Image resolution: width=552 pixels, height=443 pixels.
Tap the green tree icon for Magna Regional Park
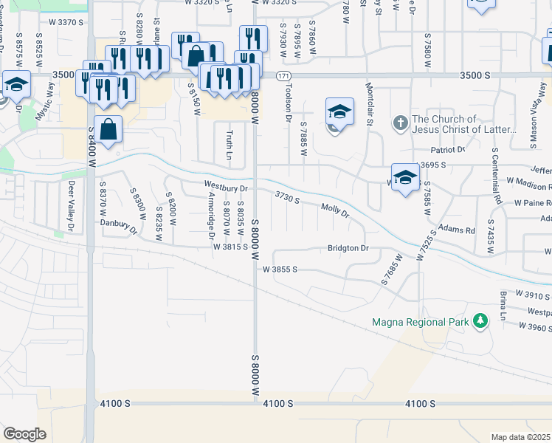(480, 320)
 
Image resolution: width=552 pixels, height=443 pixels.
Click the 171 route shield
(283, 76)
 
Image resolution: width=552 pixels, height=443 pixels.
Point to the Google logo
(24, 433)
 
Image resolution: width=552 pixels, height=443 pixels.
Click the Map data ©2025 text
(520, 437)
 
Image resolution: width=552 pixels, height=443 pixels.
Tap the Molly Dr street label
(334, 210)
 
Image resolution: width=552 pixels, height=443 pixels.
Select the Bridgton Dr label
(348, 249)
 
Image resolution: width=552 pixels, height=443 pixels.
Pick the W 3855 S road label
(280, 269)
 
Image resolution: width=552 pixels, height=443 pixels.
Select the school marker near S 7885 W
(339, 112)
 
